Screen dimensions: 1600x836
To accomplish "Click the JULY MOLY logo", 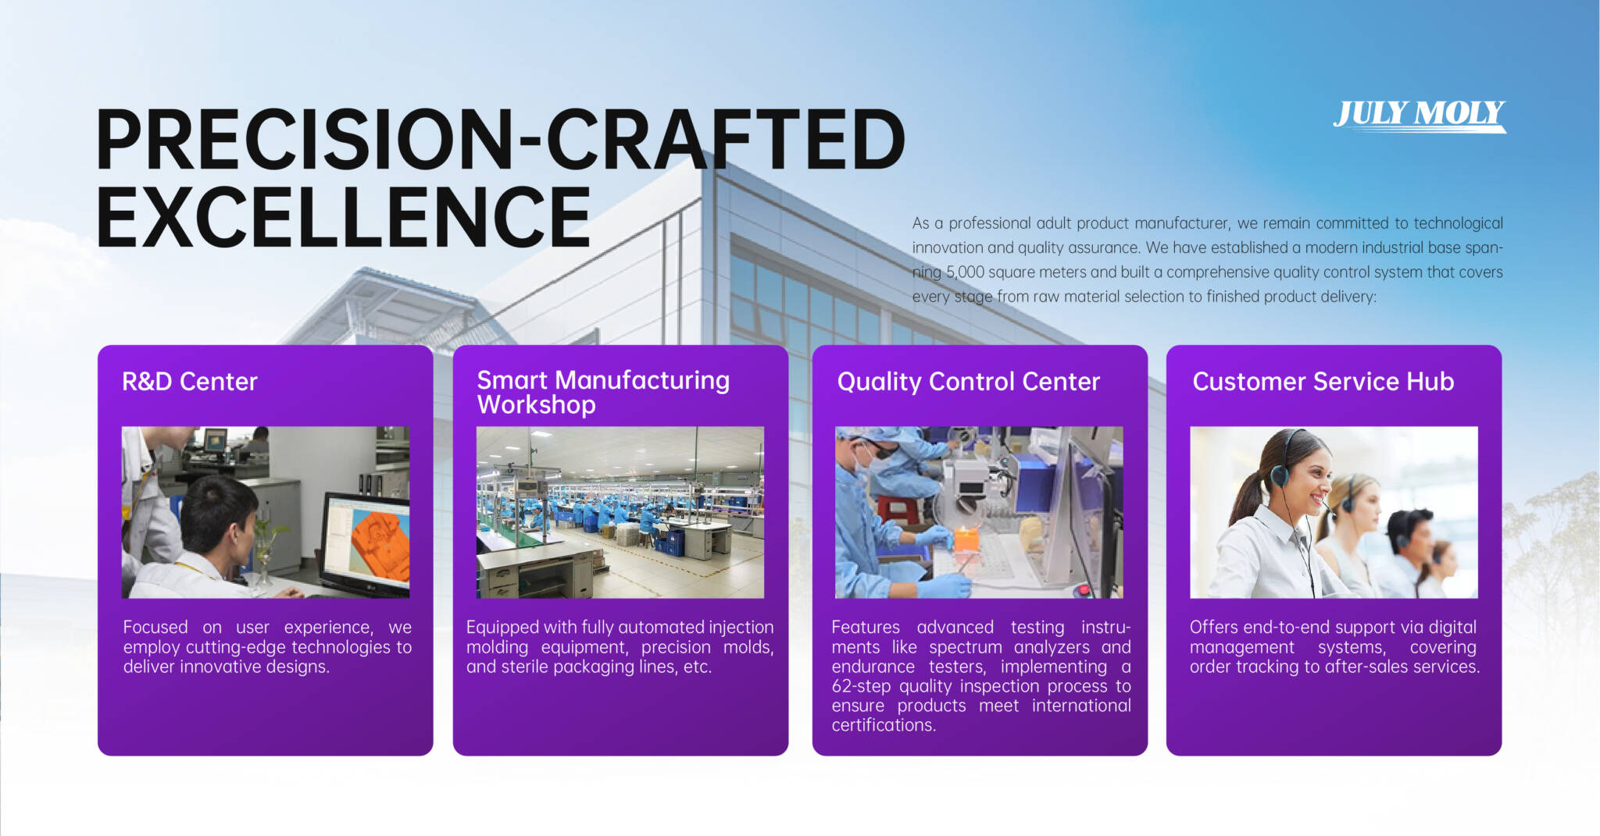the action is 1420,116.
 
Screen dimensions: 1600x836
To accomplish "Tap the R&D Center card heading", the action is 190,382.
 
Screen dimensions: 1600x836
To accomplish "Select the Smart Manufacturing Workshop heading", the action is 603,392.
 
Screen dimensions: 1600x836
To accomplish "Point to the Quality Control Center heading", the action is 969,382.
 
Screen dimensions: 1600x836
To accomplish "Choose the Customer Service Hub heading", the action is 1323,382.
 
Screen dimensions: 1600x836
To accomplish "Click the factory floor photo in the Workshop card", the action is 620,512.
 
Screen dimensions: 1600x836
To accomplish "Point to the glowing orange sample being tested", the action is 966,539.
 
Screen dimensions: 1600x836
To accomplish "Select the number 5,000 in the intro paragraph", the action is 965,272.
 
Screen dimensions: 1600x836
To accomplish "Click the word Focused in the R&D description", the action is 155,627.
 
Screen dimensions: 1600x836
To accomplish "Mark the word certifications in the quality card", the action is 884,725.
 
